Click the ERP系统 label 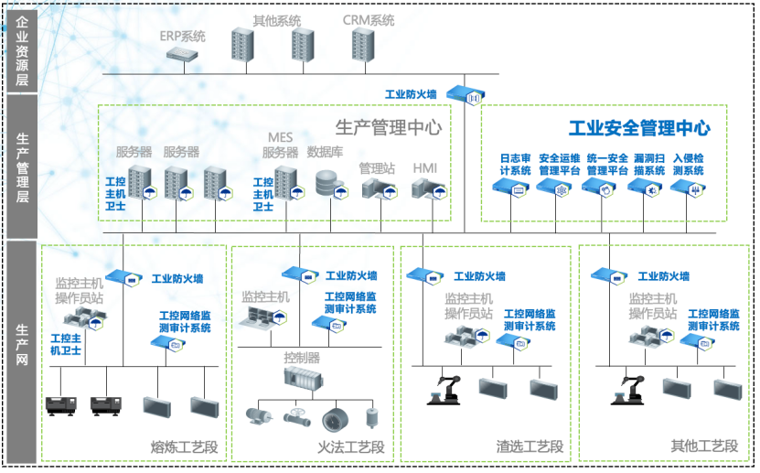[183, 37]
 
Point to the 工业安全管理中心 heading [639, 128]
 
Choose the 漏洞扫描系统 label [649, 164]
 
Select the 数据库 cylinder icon [326, 183]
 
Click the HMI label [425, 168]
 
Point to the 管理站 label [377, 168]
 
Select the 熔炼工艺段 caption [185, 447]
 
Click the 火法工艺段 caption [351, 447]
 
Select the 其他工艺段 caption [704, 446]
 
